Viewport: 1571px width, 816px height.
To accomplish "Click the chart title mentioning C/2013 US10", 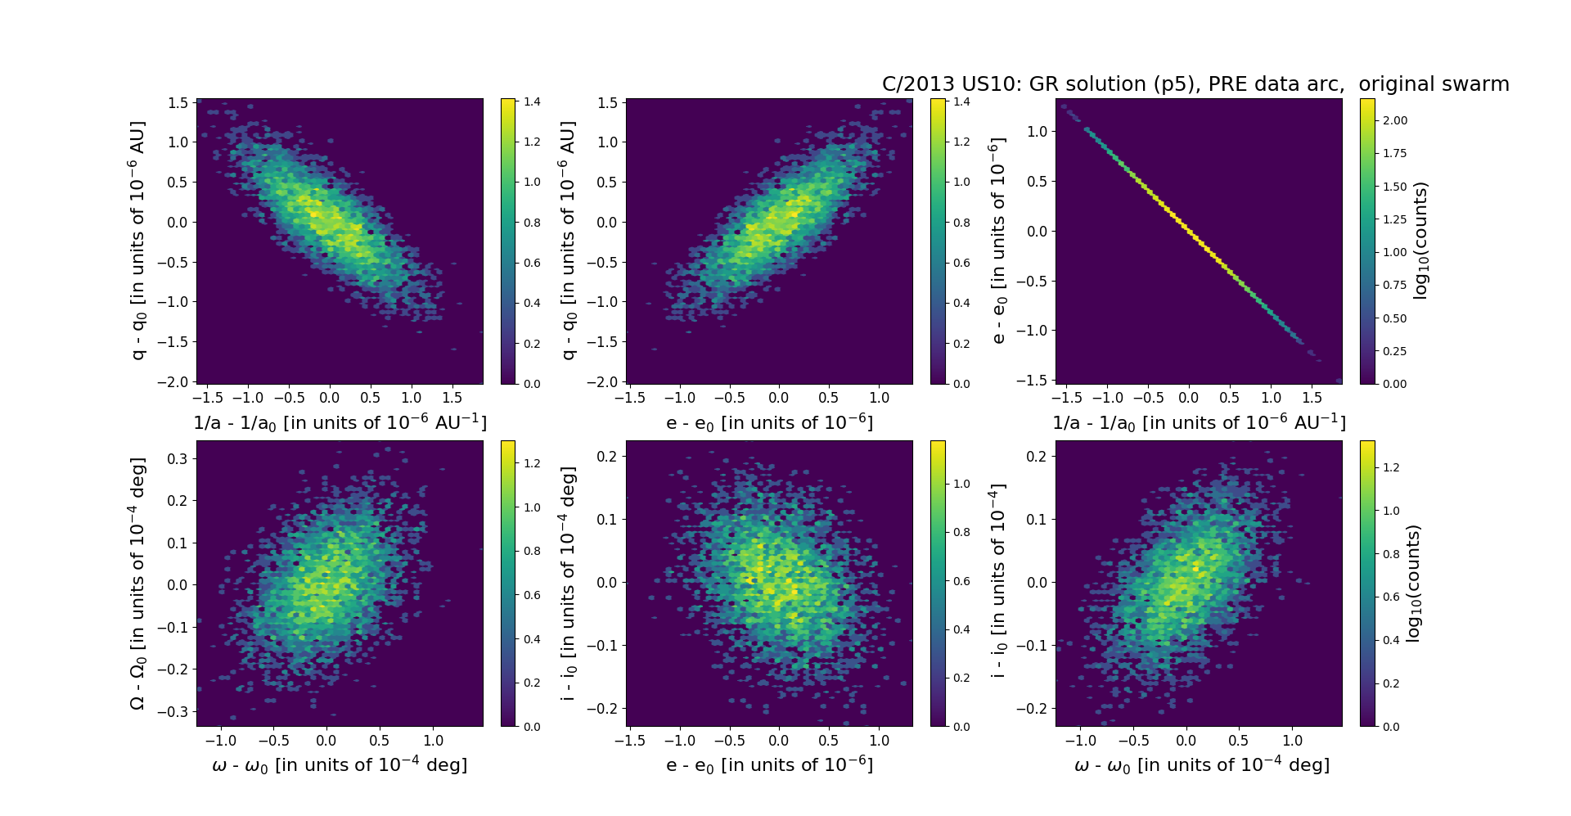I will click(x=1195, y=84).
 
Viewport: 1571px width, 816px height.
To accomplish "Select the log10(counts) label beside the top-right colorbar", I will click(x=1420, y=241).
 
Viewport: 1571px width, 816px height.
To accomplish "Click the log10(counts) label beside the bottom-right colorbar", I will click(x=1413, y=583).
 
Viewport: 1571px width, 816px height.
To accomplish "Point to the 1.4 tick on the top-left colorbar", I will click(x=532, y=101).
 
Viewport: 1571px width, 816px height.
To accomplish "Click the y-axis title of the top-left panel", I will click(x=138, y=241).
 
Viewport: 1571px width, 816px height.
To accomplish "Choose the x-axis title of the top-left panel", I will click(x=340, y=423).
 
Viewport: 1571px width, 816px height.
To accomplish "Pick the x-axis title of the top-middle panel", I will click(x=769, y=423).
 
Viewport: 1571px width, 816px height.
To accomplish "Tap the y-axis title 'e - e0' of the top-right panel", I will click(x=997, y=241).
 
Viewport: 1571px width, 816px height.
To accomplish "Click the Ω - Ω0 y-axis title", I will click(x=138, y=583).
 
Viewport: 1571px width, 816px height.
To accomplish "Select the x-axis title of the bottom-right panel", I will click(x=1201, y=765).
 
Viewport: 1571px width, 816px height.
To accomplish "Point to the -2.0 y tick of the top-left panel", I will click(x=178, y=382).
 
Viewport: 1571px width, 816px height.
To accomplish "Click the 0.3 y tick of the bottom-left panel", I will click(x=178, y=458).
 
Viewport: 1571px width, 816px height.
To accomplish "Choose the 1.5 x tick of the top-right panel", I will click(x=1312, y=398).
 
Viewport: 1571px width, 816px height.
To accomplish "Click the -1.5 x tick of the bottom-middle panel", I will click(x=629, y=741).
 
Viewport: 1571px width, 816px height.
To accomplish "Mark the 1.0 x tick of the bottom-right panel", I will click(x=1292, y=741).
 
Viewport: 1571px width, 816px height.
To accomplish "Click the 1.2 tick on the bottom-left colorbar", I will click(x=532, y=463).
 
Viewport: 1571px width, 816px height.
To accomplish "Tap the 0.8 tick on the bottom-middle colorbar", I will click(x=961, y=532).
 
